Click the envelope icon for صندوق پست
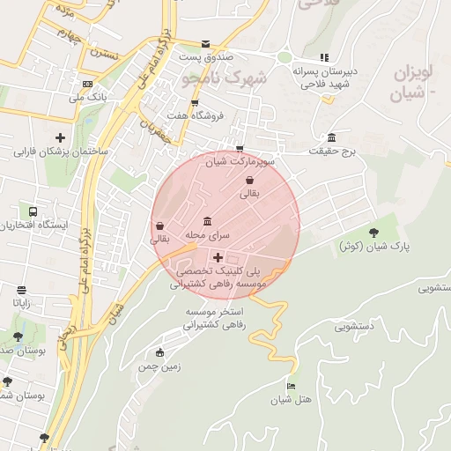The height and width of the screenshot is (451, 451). [x=205, y=44]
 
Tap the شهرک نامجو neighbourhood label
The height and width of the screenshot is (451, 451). [x=227, y=79]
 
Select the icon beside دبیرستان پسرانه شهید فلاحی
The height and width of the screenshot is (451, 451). [x=323, y=58]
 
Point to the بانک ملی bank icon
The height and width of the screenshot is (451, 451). [x=87, y=85]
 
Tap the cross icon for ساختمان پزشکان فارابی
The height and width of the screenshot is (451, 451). [x=60, y=137]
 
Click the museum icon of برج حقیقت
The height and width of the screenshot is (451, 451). [x=331, y=138]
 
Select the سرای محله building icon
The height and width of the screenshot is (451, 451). [x=207, y=221]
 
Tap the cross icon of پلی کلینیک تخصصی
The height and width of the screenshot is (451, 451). [x=218, y=257]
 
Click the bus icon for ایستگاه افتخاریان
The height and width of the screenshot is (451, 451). [x=33, y=212]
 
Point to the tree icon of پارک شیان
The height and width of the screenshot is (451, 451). [x=374, y=233]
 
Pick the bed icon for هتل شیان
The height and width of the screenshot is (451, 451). [x=292, y=386]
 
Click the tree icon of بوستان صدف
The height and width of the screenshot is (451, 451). [x=18, y=336]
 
